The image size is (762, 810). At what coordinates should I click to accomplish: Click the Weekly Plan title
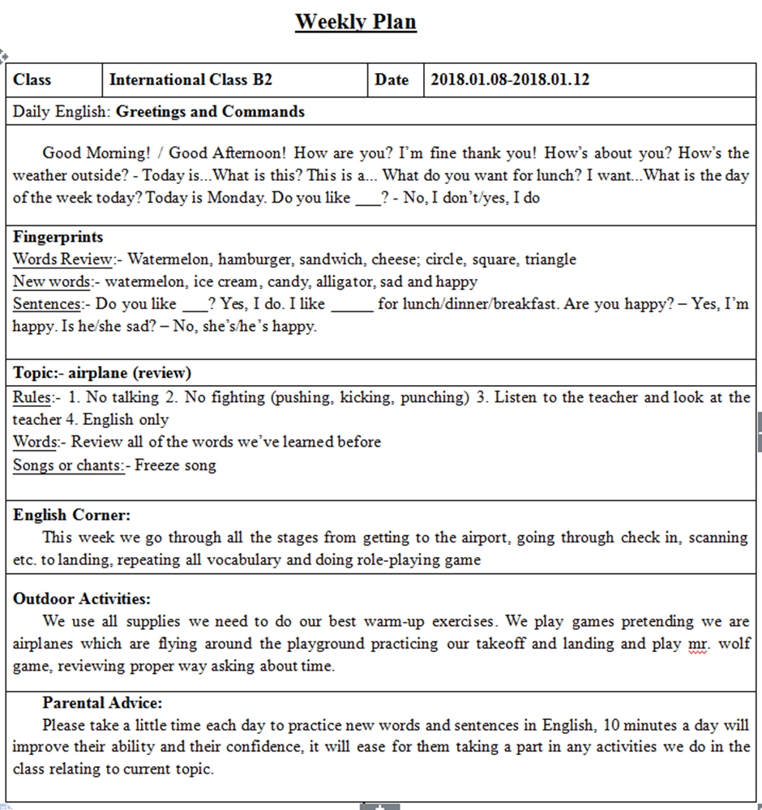point(355,21)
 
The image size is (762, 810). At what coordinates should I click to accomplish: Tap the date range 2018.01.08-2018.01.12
point(510,79)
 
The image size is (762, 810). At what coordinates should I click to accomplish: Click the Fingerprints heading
point(58,238)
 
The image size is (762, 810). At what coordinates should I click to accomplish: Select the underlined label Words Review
point(62,259)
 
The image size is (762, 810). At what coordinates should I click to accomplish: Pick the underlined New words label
point(50,282)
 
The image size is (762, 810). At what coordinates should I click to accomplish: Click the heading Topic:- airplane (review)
point(102,374)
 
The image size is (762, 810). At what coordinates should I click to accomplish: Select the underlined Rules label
point(32,397)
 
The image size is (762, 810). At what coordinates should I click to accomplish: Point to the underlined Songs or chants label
point(69,465)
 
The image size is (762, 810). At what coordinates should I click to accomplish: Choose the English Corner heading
point(71,515)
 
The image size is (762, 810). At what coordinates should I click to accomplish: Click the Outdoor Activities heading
point(82,599)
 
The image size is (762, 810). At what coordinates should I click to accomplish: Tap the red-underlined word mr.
point(696,645)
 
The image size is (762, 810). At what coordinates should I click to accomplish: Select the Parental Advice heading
point(102,703)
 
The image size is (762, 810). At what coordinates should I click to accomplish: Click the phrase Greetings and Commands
point(211,112)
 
